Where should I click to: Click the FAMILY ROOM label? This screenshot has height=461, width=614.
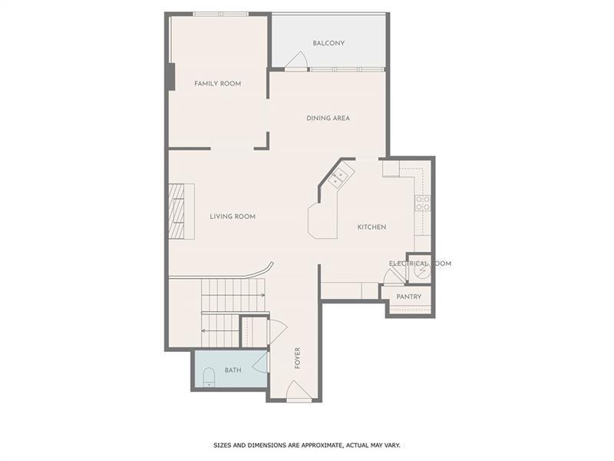click(217, 84)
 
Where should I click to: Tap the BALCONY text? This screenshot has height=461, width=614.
click(328, 44)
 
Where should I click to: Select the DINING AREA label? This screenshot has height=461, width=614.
click(328, 118)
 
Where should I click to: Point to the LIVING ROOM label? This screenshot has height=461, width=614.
click(233, 217)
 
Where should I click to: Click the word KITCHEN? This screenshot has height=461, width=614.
click(371, 227)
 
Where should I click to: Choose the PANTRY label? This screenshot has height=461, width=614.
click(408, 297)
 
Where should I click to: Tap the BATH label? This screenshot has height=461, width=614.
click(233, 370)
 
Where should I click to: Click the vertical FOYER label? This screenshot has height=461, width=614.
click(297, 357)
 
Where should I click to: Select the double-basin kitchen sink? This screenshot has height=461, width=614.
click(338, 179)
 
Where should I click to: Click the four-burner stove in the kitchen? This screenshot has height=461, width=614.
click(422, 203)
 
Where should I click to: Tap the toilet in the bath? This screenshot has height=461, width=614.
click(208, 377)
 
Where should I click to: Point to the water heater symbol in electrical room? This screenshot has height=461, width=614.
click(421, 270)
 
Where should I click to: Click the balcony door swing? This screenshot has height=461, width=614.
click(297, 61)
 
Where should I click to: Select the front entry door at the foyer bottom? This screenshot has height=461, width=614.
click(299, 391)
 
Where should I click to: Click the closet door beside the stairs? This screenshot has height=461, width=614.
click(276, 331)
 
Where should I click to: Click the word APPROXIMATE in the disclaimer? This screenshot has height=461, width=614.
click(314, 445)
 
